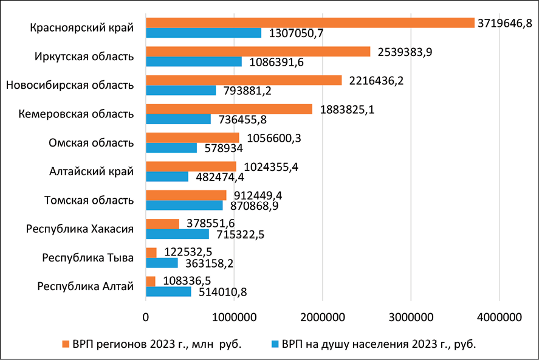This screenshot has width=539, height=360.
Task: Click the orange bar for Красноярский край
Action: (x=310, y=23)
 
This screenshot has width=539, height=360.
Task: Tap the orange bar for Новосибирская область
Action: (x=244, y=80)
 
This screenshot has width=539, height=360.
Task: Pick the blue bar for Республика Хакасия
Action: (x=177, y=234)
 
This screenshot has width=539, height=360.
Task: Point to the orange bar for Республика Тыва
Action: (x=151, y=252)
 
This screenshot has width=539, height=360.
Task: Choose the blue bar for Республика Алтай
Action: (x=168, y=291)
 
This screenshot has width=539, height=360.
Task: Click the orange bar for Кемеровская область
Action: (x=228, y=109)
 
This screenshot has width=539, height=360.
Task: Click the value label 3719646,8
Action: (x=505, y=22)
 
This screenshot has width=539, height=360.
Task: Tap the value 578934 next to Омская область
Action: (x=222, y=148)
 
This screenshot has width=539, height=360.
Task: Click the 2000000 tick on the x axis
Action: (x=323, y=317)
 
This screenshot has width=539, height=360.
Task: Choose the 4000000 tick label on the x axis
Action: (x=499, y=317)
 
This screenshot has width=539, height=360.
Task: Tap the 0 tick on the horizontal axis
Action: (x=146, y=317)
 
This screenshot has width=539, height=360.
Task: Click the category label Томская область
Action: (x=89, y=200)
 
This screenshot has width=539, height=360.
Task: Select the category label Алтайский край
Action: (x=91, y=171)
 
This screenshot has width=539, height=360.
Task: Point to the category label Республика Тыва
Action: (x=88, y=257)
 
